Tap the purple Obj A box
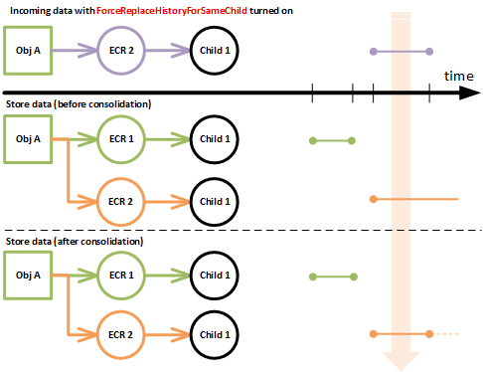[30, 50]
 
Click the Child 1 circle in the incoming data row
[215, 50]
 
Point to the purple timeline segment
[401, 50]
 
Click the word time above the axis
[458, 76]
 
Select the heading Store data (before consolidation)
[79, 104]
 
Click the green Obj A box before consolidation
[30, 138]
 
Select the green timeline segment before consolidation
[333, 140]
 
